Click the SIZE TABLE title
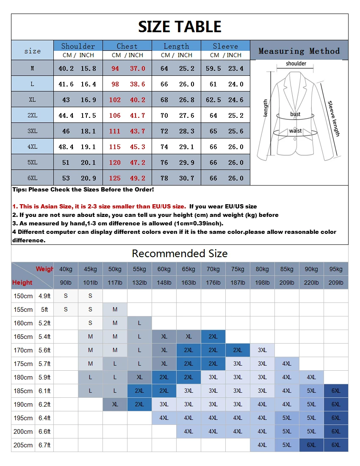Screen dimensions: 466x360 point(180,27)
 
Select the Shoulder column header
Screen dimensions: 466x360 point(78,46)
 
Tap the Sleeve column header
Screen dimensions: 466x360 point(225,46)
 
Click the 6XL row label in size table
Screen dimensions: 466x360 point(32,178)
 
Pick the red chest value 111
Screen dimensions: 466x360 point(115,131)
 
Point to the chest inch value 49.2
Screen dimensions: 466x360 point(138,178)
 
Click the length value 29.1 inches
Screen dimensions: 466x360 point(186,147)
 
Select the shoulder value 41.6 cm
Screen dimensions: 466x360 point(66,84)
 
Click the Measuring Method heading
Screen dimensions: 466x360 point(299,51)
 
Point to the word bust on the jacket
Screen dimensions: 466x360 point(295,114)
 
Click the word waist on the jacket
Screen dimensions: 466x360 point(295,130)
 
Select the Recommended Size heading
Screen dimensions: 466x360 point(180,253)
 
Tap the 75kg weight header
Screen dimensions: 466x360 point(238,269)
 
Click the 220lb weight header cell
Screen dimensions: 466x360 point(311,283)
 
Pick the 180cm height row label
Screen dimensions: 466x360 point(23,377)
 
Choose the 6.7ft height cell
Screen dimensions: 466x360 point(44,445)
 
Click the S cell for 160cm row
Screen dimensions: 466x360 point(90,323)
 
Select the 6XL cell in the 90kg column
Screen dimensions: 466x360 point(311,445)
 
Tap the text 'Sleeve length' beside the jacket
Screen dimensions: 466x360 point(334,119)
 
